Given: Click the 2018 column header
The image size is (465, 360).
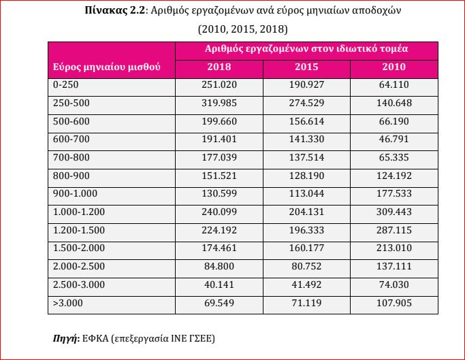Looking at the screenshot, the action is (x=219, y=67).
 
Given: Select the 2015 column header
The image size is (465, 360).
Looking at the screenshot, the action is (x=306, y=67).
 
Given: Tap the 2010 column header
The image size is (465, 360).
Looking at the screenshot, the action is (x=394, y=67).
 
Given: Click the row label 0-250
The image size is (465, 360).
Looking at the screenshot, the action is (x=66, y=85).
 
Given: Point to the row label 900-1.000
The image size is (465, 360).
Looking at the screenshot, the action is (x=75, y=194).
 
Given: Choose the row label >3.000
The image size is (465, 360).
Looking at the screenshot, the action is (x=67, y=303).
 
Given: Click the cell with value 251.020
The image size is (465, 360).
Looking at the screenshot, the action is (x=219, y=85).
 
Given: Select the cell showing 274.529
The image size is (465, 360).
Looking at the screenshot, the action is (x=306, y=103).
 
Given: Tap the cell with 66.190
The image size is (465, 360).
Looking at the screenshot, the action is (x=394, y=122).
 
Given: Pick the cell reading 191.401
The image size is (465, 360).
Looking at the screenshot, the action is (x=219, y=139).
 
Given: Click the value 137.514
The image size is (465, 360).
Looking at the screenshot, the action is (x=306, y=157).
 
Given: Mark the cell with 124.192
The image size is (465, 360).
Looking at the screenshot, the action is (x=394, y=176).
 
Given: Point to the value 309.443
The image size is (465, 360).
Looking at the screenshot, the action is (x=394, y=212).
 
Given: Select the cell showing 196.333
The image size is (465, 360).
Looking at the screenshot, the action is (x=306, y=231).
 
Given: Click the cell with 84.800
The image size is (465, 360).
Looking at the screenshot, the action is (x=219, y=266).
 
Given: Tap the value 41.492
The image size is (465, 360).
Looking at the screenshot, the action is (x=306, y=284).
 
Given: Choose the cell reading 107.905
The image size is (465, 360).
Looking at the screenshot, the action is (x=394, y=303).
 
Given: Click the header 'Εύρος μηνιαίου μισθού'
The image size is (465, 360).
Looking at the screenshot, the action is (x=106, y=67).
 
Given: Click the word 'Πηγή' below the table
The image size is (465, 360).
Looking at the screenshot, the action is (x=65, y=338).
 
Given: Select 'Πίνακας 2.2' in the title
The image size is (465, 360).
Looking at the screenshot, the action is (x=115, y=11).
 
